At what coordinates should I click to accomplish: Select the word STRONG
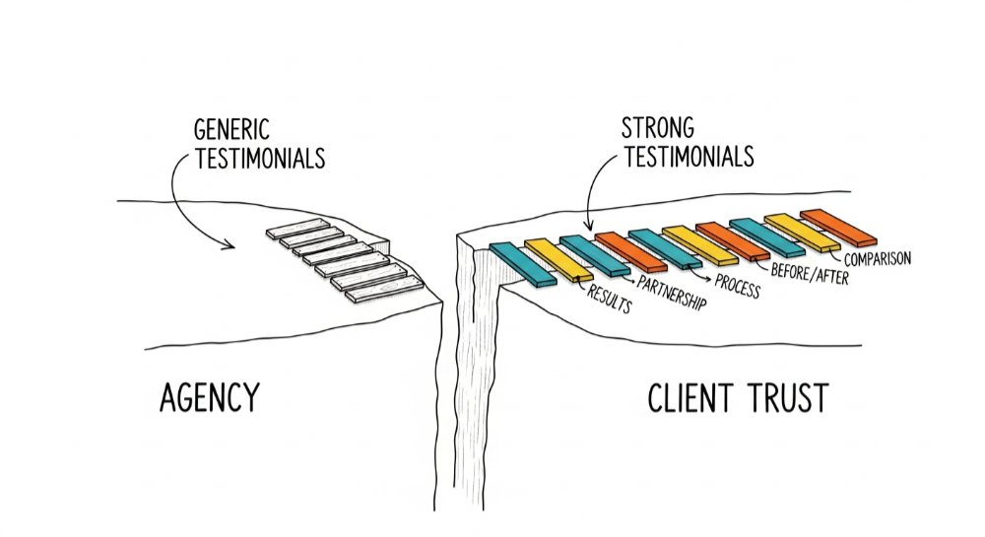(657, 128)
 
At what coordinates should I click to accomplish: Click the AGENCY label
(209, 398)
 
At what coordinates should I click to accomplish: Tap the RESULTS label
(609, 298)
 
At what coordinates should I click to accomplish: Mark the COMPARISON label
(878, 259)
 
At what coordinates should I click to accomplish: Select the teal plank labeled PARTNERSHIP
(594, 255)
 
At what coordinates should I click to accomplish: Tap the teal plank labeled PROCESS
(664, 247)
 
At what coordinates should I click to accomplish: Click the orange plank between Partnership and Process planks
(630, 251)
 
